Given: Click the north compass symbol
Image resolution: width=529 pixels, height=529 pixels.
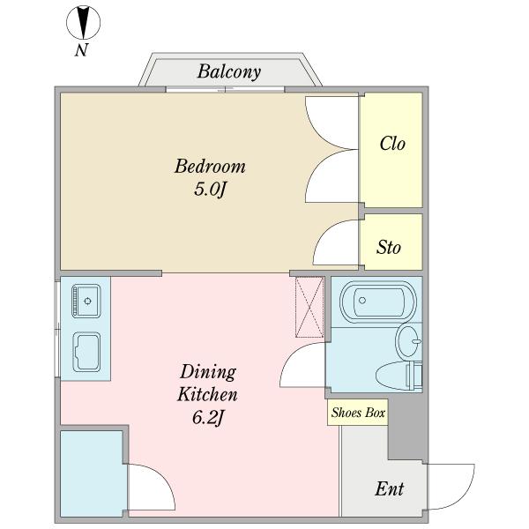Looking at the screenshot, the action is point(83,23).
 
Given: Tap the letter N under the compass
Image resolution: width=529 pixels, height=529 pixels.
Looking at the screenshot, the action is point(81,50).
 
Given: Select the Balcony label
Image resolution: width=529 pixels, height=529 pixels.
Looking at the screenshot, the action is point(228,71).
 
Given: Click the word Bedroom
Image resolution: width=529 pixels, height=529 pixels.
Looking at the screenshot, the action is point(210,166).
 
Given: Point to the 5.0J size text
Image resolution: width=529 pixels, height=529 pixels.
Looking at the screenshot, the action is point(209,189).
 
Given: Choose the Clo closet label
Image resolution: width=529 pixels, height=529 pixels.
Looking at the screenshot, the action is point(392,144).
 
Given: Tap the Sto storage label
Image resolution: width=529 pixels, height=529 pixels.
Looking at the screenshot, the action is point(389,247).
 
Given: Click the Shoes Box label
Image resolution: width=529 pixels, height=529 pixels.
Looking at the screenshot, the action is point(358,413).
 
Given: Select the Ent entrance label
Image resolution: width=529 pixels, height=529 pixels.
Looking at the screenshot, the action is point(390,488).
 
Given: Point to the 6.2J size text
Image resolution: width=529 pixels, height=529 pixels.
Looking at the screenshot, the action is point(208,417).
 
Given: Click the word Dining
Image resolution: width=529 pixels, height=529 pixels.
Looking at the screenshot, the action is point(208,372).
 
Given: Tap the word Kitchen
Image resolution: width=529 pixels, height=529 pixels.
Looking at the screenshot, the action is point(207,394).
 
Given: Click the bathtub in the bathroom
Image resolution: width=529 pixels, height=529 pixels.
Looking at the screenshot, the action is point(378,300).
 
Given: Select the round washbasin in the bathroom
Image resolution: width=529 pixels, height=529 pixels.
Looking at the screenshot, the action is point(408,341).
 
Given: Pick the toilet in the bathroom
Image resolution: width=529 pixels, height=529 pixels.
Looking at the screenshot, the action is point(399,376).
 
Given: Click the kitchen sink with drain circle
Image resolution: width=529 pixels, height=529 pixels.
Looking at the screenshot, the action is point(86,301).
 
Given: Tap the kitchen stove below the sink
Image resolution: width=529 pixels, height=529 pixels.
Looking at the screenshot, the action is point(86,352).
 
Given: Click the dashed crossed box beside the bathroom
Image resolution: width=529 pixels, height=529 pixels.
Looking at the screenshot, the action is point(309,307).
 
